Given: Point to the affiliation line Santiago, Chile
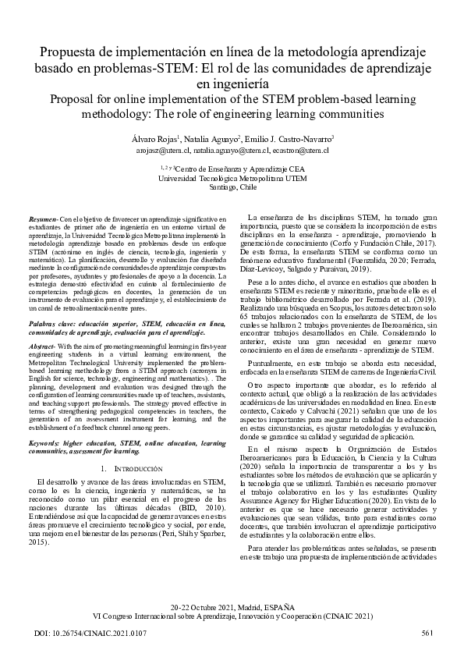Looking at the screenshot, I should tap(232, 188).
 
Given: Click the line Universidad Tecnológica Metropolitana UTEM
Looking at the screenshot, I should tap(232, 178).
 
